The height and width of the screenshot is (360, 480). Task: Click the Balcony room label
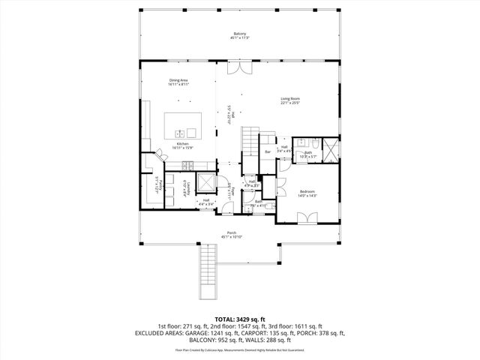click(x=240, y=35)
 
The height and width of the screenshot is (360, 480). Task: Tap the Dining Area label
click(x=178, y=81)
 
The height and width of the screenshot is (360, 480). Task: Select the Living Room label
click(x=290, y=100)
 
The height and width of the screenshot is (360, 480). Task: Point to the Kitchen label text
click(x=183, y=145)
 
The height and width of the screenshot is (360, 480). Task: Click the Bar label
click(x=268, y=152)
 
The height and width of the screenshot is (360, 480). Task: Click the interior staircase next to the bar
click(x=249, y=142)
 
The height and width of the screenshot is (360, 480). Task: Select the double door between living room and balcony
click(x=240, y=68)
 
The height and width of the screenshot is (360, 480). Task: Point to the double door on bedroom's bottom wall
click(x=305, y=219)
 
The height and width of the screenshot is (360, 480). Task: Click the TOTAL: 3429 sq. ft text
click(x=239, y=319)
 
